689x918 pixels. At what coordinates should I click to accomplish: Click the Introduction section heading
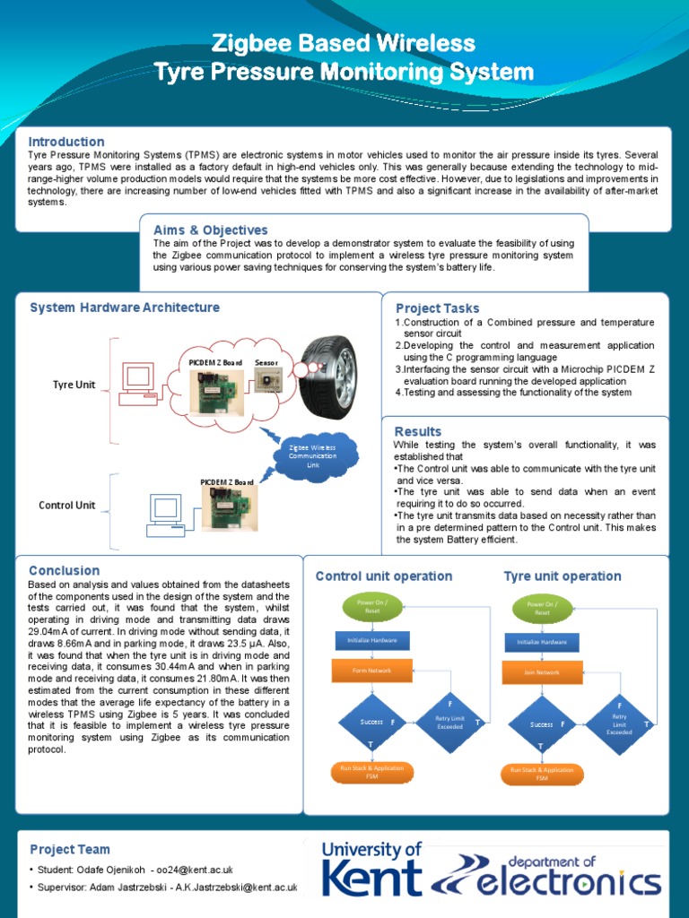click(x=66, y=142)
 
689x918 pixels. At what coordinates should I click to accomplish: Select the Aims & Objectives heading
click(x=210, y=230)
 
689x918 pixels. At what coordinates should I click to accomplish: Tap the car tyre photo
click(x=328, y=377)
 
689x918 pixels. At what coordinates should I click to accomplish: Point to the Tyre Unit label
click(x=74, y=385)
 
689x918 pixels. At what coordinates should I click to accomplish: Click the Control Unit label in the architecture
click(x=66, y=505)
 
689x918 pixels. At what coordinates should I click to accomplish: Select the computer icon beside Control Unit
click(x=166, y=514)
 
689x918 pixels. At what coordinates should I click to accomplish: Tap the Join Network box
click(x=542, y=671)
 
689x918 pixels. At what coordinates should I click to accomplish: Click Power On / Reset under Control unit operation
click(x=372, y=607)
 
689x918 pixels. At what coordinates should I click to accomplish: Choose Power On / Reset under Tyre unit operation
click(x=542, y=609)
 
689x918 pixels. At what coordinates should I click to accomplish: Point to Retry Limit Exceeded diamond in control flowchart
click(x=450, y=722)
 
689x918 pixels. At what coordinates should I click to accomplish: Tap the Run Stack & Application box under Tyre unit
click(x=542, y=774)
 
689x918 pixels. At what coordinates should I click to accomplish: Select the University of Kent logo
click(x=371, y=869)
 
